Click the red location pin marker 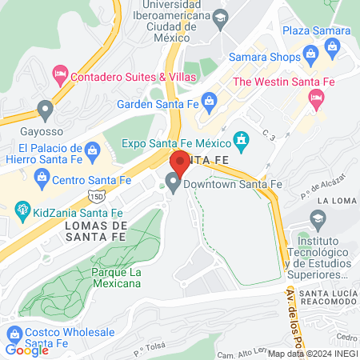click(180, 164)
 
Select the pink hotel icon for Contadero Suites click(60, 76)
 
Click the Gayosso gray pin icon click(45, 109)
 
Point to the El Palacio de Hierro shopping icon click(93, 150)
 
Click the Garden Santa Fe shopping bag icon click(210, 100)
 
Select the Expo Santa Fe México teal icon click(241, 142)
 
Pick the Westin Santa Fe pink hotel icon click(316, 100)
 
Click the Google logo click(27, 350)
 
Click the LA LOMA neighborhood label click(335, 200)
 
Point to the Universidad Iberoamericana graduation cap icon click(218, 17)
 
